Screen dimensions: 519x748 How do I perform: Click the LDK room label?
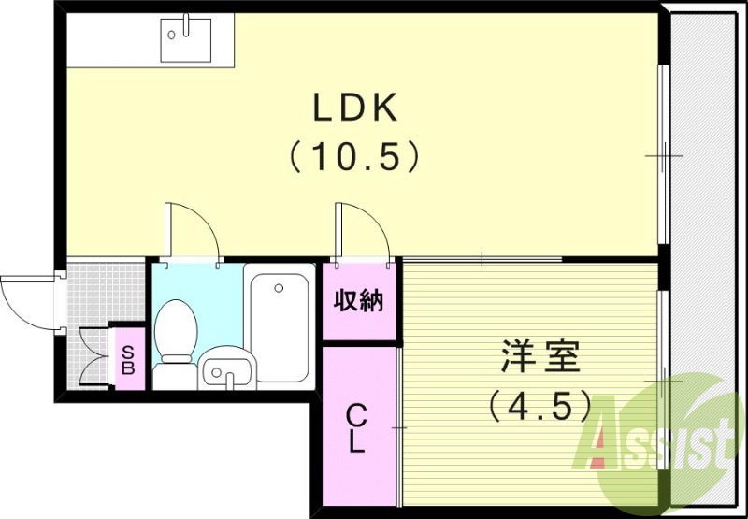point(355,109)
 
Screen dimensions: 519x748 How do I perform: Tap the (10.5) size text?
point(353,155)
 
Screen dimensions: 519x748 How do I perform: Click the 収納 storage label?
point(359,302)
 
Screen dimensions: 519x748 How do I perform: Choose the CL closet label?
point(356,427)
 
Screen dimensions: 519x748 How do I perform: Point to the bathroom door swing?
point(192,232)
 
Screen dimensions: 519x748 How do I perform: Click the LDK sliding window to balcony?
point(663,154)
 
